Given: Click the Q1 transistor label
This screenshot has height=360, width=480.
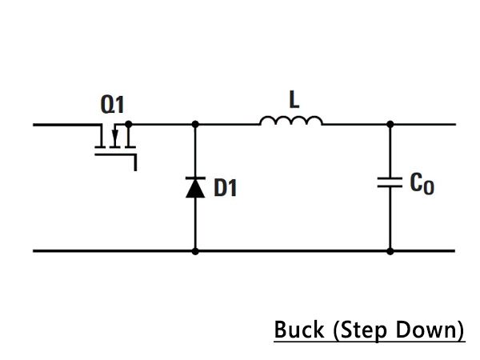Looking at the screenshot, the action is (112, 104).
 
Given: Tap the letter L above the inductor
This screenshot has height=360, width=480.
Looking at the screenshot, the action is (294, 99).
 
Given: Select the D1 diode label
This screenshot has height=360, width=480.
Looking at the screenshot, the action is (226, 187).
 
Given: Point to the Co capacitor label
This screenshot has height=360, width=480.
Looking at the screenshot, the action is (422, 184).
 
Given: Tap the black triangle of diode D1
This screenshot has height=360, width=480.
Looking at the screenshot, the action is (195, 188).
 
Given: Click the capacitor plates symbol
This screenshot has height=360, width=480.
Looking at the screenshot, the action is (390, 182).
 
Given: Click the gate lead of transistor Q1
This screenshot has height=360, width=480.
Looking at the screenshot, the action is (116, 155).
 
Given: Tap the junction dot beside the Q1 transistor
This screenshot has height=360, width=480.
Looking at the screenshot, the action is (129, 124).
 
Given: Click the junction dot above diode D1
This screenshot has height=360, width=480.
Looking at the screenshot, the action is (195, 124).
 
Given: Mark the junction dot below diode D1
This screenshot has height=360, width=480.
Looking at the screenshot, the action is (195, 251).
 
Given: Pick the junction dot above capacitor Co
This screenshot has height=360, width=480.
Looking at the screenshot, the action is (390, 124).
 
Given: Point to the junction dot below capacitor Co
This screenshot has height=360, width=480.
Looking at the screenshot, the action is (390, 251).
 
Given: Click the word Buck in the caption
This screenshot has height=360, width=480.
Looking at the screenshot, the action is (299, 330).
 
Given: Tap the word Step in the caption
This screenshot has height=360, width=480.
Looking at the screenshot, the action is (363, 331).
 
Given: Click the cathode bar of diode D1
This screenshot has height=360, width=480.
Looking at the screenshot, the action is (195, 178).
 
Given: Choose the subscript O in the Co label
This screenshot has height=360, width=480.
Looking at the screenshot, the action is (429, 187).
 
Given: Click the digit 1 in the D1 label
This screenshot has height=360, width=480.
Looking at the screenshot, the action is (233, 188).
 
